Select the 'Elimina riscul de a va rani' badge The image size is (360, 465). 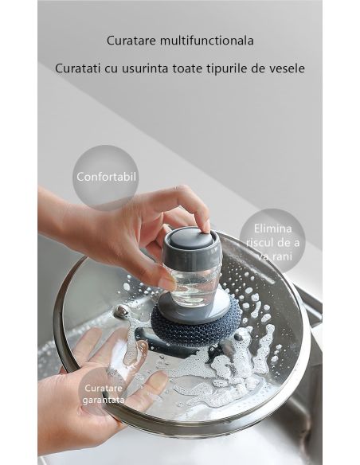tap(272, 240)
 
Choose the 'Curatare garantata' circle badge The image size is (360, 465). tap(104, 393)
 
